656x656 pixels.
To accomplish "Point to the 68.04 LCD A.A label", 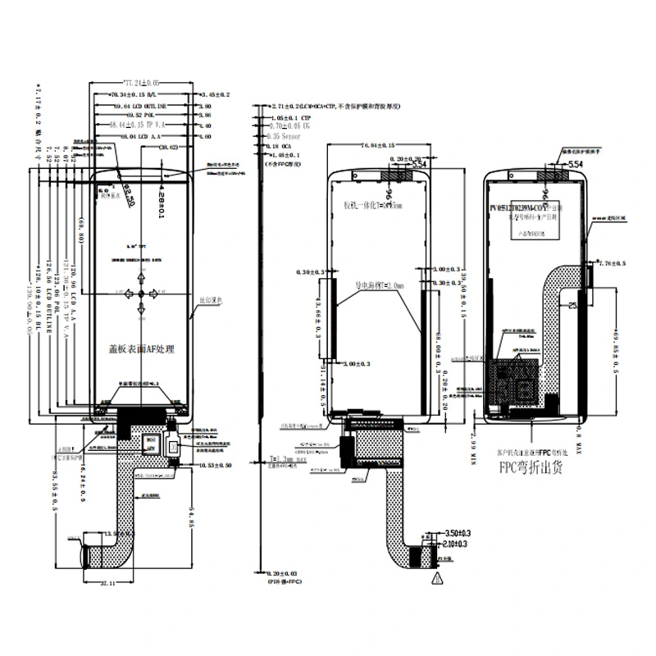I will (132, 136).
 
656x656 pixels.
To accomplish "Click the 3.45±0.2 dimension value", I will (215, 96).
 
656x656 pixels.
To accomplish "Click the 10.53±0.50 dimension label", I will (215, 465).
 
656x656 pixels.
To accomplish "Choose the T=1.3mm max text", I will (284, 461).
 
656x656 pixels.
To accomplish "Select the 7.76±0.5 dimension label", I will (613, 264).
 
